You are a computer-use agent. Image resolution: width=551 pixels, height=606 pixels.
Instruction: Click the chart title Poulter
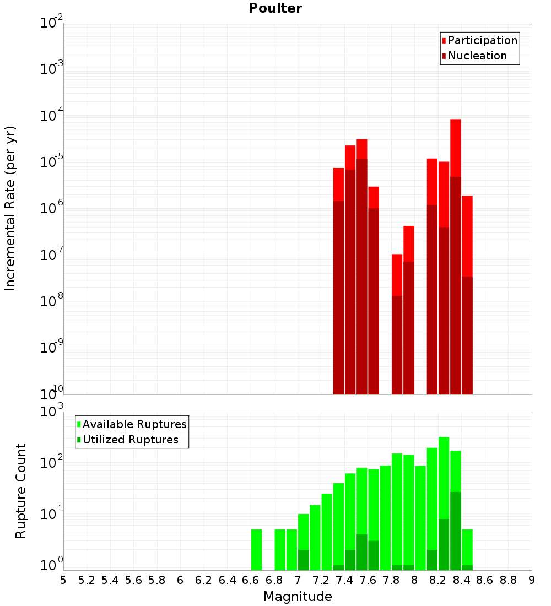(x=275, y=8)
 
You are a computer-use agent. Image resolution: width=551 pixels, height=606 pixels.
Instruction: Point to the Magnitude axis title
(x=298, y=597)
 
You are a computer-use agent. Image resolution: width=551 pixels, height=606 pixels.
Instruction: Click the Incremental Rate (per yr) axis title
(x=10, y=208)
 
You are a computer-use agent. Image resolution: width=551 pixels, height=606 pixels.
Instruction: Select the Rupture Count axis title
(x=21, y=491)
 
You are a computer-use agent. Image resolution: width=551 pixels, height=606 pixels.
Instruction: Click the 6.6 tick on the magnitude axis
(x=251, y=581)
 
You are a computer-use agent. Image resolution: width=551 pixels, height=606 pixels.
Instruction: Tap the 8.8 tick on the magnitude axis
(x=508, y=581)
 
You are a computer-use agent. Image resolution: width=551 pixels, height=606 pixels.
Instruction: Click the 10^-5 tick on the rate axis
(x=51, y=162)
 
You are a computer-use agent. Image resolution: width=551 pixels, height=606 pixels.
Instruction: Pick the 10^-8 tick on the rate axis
(x=51, y=301)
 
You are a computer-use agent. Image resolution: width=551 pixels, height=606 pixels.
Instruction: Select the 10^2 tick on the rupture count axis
(x=51, y=463)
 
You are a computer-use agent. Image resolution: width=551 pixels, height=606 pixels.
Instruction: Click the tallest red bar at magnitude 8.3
(x=455, y=220)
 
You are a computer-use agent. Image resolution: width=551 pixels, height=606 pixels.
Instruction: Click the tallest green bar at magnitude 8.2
(x=444, y=496)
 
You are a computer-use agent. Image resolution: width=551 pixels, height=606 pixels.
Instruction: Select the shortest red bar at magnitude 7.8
(x=397, y=325)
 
